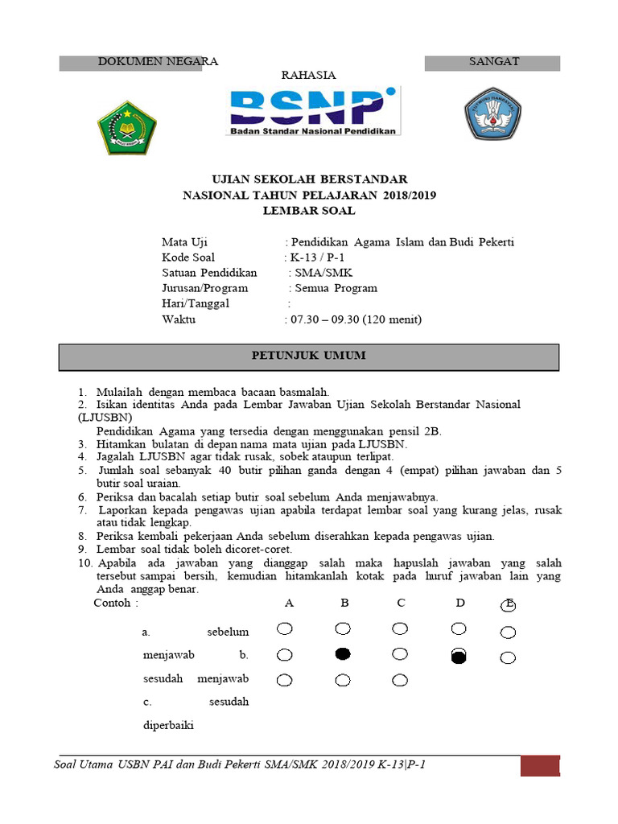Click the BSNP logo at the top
pyautogui.click(x=314, y=111)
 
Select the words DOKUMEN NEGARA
pyautogui.click(x=158, y=61)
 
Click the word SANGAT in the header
pyautogui.click(x=494, y=61)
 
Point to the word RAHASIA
pyautogui.click(x=308, y=76)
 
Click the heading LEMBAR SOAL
pyautogui.click(x=309, y=211)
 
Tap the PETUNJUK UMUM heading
pyautogui.click(x=309, y=355)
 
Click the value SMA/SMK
pyautogui.click(x=318, y=273)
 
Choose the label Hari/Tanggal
pyautogui.click(x=196, y=303)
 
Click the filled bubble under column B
pyautogui.click(x=343, y=654)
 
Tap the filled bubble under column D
pyautogui.click(x=459, y=657)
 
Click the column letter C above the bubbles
pyautogui.click(x=400, y=604)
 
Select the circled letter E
pyautogui.click(x=509, y=605)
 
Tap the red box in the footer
pyautogui.click(x=539, y=765)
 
